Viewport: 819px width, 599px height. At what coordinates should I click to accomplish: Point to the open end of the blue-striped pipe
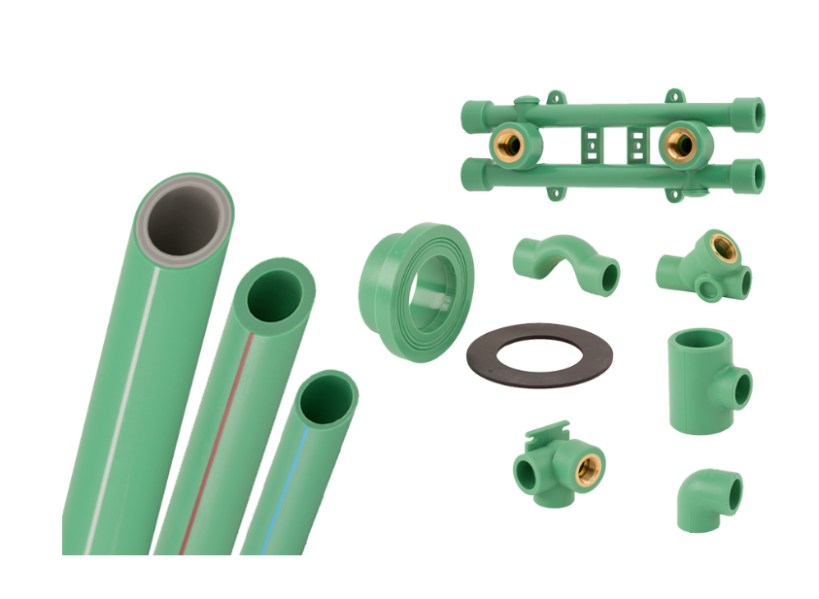coord(328,397)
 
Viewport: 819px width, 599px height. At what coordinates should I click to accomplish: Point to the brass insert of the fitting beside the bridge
coord(722,249)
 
